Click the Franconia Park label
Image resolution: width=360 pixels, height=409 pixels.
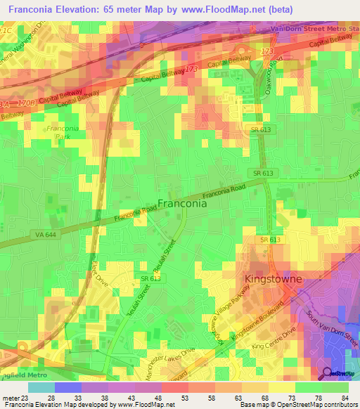click(62, 134)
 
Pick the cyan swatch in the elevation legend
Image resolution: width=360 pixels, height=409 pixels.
click(41, 387)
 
